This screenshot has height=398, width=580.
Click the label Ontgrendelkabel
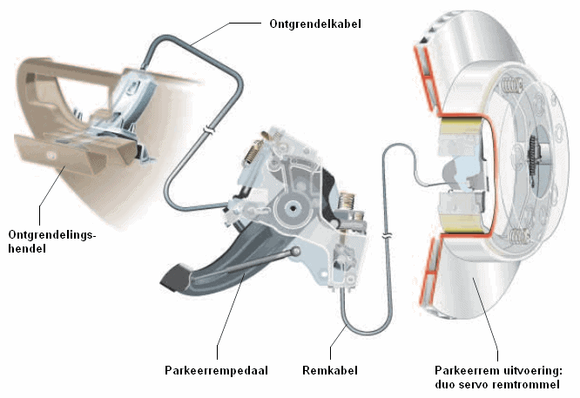point(314,24)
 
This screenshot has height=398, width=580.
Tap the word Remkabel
point(330,370)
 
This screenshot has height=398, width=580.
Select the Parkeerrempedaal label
point(216,370)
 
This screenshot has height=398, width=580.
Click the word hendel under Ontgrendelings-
point(27,248)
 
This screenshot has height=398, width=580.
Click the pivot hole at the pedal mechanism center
point(293,208)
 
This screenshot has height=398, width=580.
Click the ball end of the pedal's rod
point(295,252)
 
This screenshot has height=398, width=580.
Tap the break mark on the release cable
point(209,131)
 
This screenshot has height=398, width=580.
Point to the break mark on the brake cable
point(387,236)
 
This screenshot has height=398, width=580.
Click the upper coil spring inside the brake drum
point(511,86)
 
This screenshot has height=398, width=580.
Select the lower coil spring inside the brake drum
point(518,236)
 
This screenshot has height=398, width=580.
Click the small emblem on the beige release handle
point(50,156)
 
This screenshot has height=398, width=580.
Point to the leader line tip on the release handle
point(65,167)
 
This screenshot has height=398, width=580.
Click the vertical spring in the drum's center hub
point(533,158)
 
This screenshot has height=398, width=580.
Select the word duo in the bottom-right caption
point(445,384)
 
